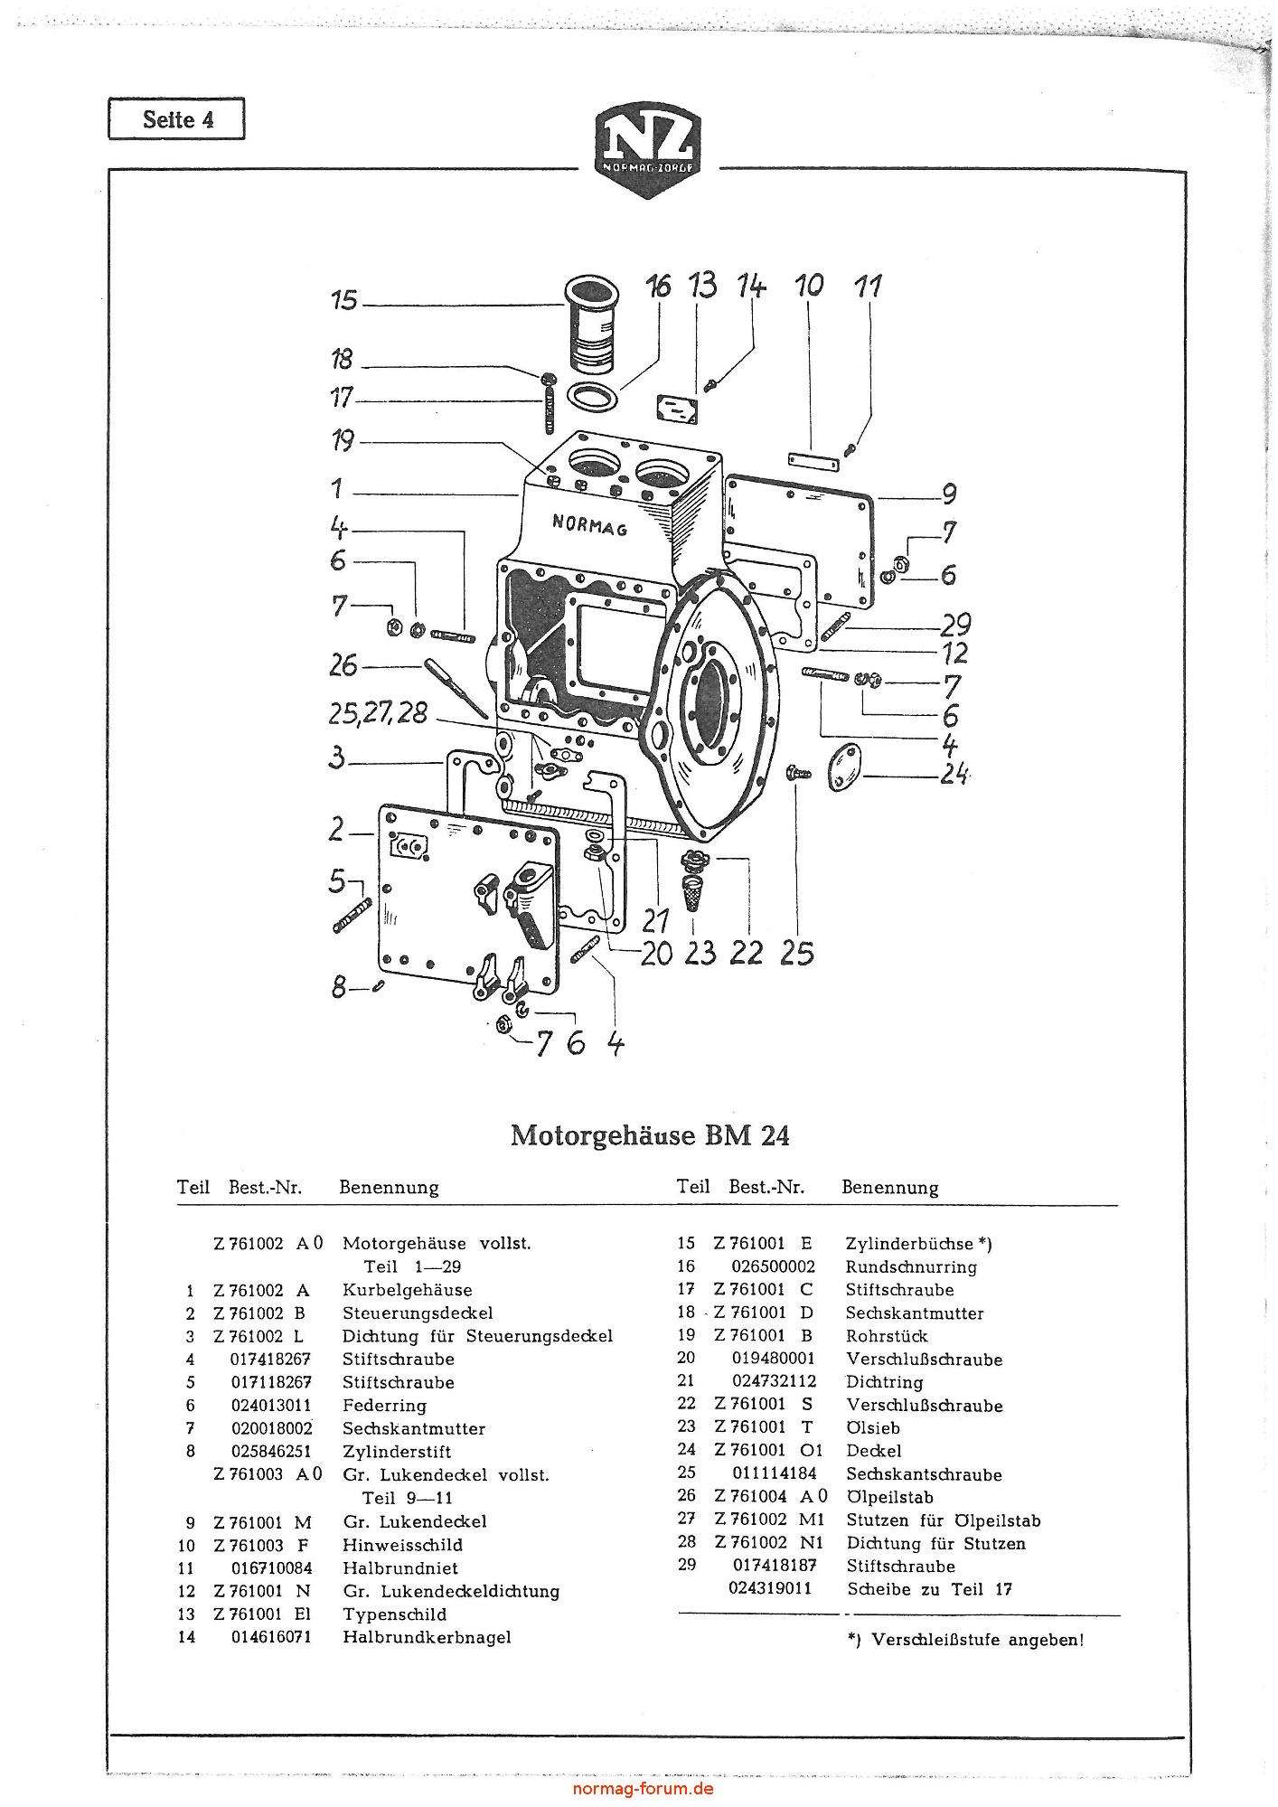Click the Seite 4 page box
(176, 119)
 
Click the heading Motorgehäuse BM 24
(650, 1135)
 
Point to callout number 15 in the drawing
(344, 299)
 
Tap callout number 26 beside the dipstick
(343, 666)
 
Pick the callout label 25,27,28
(378, 712)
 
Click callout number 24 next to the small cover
(954, 775)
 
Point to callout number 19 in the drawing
(343, 441)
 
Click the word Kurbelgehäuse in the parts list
(407, 1290)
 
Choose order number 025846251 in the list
(271, 1452)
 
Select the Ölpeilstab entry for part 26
(890, 1498)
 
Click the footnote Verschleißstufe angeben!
(976, 1640)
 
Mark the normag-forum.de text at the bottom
(644, 1789)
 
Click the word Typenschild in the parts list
(394, 1614)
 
